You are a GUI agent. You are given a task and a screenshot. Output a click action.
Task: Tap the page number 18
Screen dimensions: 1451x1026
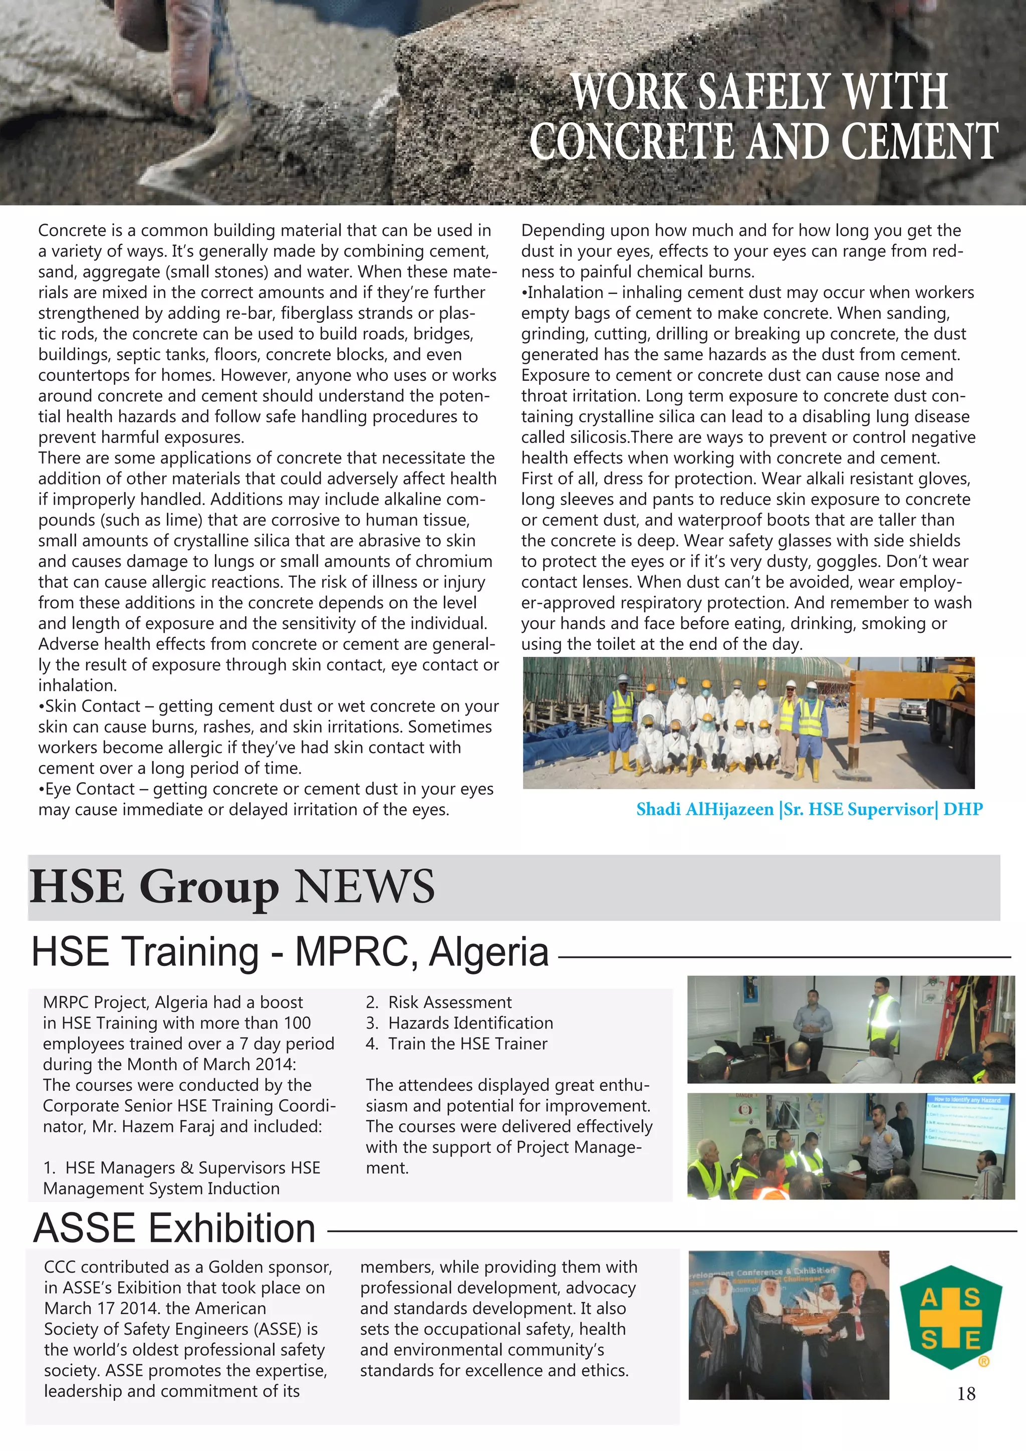tap(966, 1393)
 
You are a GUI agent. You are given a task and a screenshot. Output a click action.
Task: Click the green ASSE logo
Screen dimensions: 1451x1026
tap(950, 1318)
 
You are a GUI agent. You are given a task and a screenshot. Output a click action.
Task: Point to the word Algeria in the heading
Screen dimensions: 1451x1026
tap(488, 952)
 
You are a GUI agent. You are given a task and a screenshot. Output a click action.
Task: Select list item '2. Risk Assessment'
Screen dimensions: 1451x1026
tap(438, 1002)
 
